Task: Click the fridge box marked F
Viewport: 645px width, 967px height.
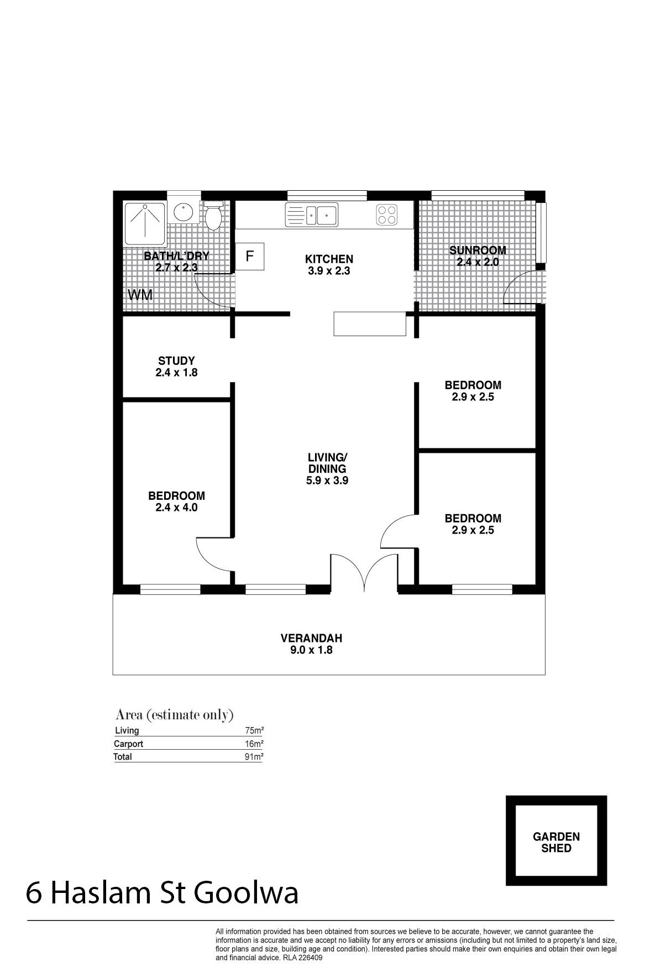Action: pos(250,257)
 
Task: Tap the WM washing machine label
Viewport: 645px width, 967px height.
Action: pos(140,295)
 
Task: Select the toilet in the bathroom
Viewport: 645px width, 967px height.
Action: pos(213,215)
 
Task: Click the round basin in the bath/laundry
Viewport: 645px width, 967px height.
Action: pos(183,212)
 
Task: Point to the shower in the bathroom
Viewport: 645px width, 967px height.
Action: pos(145,223)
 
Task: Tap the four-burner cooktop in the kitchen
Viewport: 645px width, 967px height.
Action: pos(387,215)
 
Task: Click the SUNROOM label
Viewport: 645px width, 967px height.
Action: pos(478,250)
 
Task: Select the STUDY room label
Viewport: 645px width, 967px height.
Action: pos(176,361)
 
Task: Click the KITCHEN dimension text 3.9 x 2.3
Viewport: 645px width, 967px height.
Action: pos(329,271)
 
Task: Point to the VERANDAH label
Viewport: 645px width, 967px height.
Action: pos(311,638)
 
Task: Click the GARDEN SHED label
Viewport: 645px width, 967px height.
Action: pos(556,842)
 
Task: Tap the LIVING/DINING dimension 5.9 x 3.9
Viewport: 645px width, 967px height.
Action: pos(327,480)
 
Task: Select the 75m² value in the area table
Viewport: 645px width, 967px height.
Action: pos(254,730)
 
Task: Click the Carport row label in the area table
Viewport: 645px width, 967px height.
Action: pos(128,744)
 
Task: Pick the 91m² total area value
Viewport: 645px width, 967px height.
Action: pos(254,757)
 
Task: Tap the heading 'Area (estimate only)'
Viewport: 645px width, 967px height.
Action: pos(175,715)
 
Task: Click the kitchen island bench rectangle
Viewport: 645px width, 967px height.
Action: pos(370,324)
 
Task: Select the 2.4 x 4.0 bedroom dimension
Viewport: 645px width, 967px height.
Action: pos(176,508)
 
